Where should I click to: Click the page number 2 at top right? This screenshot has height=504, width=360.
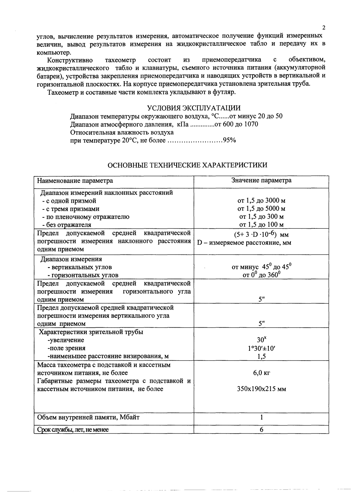click(x=324, y=28)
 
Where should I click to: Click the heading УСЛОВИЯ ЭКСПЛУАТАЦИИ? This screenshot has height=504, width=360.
click(x=194, y=108)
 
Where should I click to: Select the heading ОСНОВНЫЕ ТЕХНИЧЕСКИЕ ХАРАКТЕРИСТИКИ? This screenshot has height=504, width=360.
click(x=188, y=165)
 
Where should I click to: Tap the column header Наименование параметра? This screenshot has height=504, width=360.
click(x=75, y=181)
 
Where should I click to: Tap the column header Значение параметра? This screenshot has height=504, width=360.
click(x=261, y=180)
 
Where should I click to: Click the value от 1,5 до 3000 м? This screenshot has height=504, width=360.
click(x=261, y=201)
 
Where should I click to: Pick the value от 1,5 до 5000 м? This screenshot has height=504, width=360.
click(x=261, y=209)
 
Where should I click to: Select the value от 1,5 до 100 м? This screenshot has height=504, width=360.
click(x=261, y=225)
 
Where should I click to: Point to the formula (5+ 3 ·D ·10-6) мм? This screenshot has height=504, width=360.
click(x=261, y=235)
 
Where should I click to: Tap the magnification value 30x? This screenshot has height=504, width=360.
click(x=261, y=340)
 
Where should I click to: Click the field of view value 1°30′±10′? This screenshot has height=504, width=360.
click(x=261, y=348)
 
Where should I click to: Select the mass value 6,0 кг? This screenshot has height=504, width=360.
click(x=261, y=373)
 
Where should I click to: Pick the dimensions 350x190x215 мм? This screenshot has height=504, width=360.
click(x=261, y=389)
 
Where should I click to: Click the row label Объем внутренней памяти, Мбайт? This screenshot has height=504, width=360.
click(x=88, y=417)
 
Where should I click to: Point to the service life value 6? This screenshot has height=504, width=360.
click(x=261, y=430)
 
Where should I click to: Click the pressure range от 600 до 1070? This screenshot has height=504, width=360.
click(x=236, y=124)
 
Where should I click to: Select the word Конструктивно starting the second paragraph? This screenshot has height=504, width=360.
click(x=70, y=60)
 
